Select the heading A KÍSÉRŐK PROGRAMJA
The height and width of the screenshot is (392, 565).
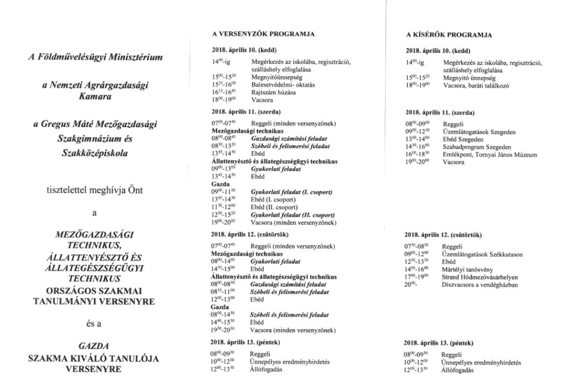(449, 35)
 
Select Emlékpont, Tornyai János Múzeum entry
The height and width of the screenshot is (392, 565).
(489, 155)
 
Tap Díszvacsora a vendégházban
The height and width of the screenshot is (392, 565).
(479, 285)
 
